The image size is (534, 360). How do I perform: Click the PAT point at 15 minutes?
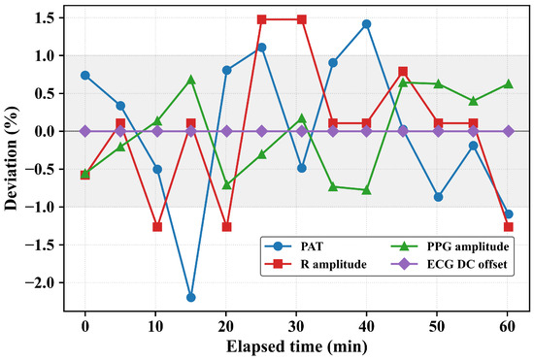pos(191,297)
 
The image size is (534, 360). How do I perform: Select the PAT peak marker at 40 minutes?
pos(366,24)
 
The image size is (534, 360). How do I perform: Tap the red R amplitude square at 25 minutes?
pos(261,19)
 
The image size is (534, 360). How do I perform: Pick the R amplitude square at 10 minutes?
pos(157,227)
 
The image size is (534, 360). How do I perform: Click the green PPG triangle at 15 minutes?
pos(191,80)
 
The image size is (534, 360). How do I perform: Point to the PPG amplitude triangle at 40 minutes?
pos(366,190)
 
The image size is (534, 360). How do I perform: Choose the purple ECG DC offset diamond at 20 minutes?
pos(227,131)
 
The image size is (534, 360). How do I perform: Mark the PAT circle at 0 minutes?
pos(85,75)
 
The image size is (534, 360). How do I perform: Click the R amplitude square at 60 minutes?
pos(508,227)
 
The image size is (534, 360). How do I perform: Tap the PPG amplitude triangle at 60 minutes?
pos(508,83)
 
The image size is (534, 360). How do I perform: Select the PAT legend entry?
pos(294,246)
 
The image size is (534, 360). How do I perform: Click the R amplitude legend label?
pos(333,264)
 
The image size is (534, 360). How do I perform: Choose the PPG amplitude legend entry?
pos(451,246)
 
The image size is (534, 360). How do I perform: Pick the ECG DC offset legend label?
pos(467,264)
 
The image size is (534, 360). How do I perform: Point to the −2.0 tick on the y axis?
pos(45,282)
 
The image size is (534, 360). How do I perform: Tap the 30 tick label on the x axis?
pos(296,327)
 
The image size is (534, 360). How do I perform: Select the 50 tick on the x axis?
pos(437,327)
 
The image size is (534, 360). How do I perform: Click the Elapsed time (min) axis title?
pos(297,347)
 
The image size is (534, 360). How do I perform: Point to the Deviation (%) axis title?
pos(11,158)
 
